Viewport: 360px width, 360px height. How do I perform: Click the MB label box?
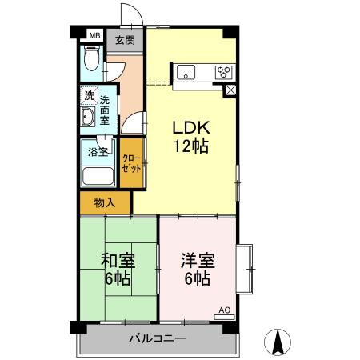point(94,35)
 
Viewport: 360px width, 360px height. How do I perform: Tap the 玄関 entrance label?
point(124,40)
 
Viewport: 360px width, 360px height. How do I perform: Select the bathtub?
point(98,177)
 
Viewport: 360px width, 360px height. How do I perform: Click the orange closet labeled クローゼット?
point(132,163)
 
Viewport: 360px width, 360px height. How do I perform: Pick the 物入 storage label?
point(105,203)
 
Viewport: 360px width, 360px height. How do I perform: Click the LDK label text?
point(190,128)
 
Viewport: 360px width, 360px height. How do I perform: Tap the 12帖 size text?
point(190,146)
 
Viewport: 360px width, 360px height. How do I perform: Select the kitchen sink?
point(189,72)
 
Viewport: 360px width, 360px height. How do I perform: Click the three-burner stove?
point(224,72)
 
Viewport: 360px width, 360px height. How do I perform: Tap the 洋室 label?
point(196,261)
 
